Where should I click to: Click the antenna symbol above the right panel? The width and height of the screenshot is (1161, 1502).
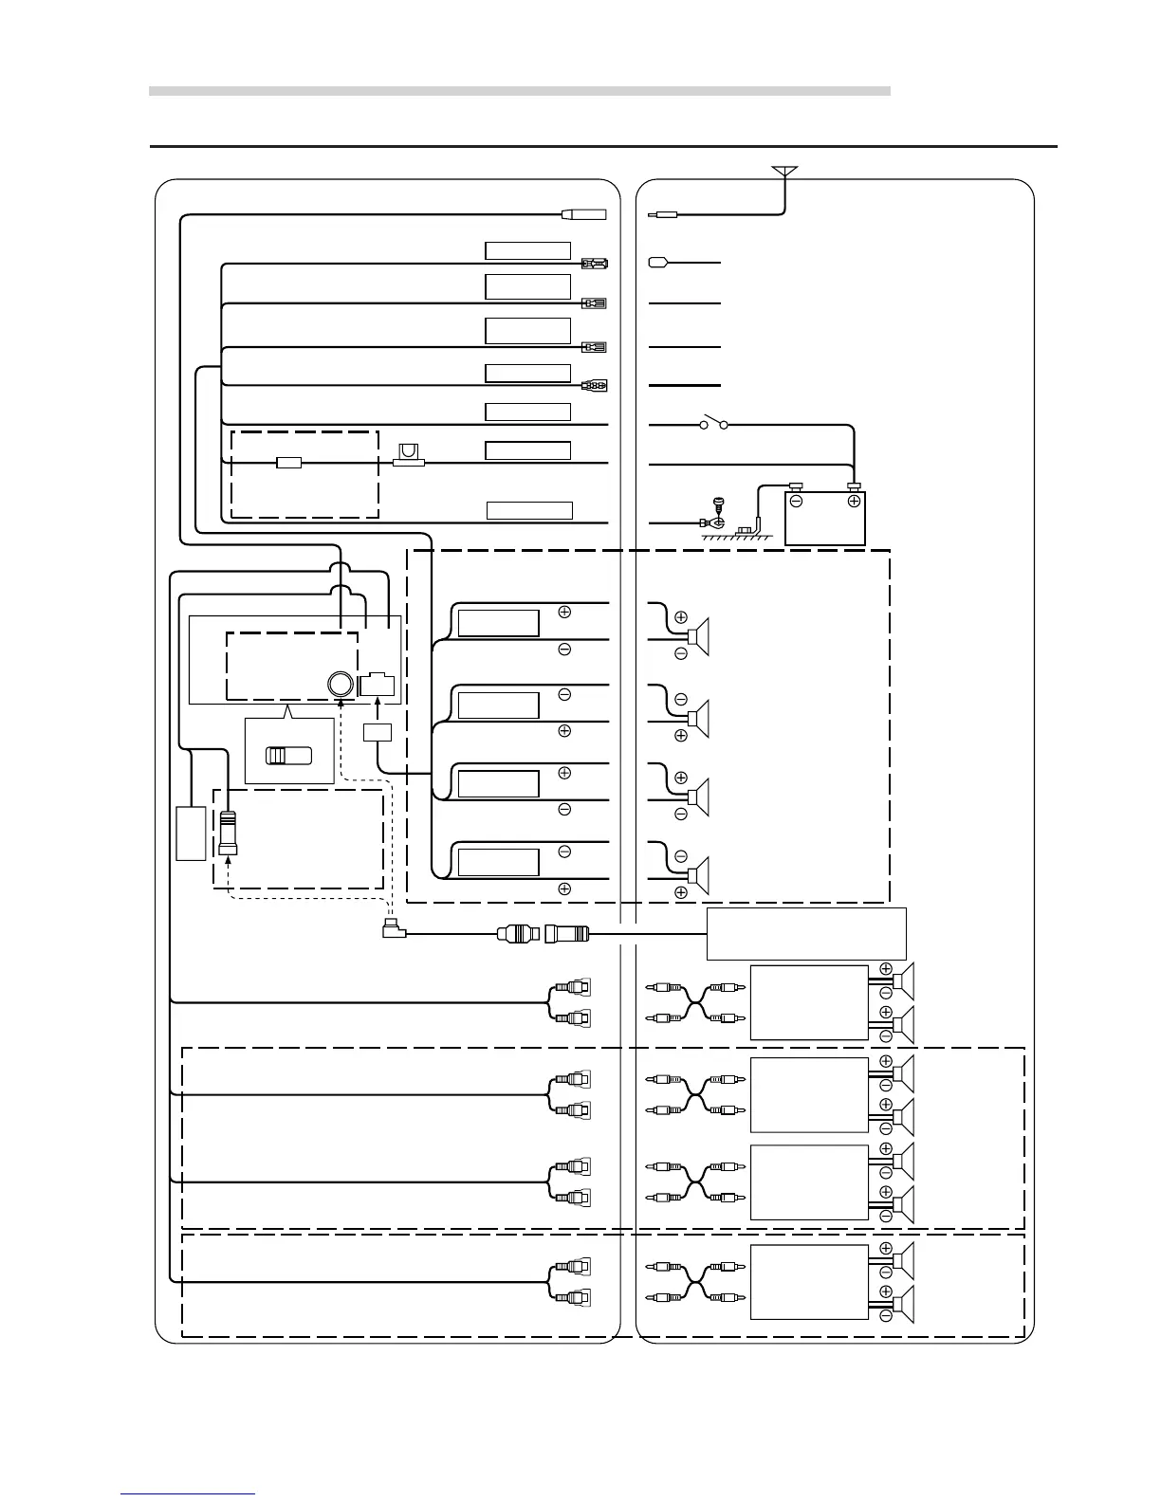pyautogui.click(x=784, y=172)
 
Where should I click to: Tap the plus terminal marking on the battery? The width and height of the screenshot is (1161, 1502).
pyautogui.click(x=854, y=500)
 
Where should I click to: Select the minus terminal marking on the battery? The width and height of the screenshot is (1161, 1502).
pyautogui.click(x=797, y=500)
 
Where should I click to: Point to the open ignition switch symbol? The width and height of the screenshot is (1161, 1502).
pyautogui.click(x=713, y=423)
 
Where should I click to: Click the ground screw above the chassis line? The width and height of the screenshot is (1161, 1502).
pyautogui.click(x=718, y=509)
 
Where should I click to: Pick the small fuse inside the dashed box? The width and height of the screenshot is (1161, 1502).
pyautogui.click(x=288, y=463)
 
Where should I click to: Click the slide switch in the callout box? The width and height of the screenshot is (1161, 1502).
pyautogui.click(x=288, y=756)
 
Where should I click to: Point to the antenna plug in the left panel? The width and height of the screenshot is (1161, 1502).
pyautogui.click(x=583, y=214)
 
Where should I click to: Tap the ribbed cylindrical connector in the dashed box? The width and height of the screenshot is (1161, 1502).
pyautogui.click(x=228, y=833)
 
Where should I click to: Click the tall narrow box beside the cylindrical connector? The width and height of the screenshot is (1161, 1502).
pyautogui.click(x=191, y=833)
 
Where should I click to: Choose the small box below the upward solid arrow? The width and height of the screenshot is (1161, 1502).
pyautogui.click(x=378, y=732)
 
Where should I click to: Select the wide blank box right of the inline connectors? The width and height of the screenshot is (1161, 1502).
pyautogui.click(x=806, y=934)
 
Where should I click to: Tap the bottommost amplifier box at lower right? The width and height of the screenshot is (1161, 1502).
pyautogui.click(x=809, y=1282)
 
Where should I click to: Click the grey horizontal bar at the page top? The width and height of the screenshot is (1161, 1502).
pyautogui.click(x=520, y=91)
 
